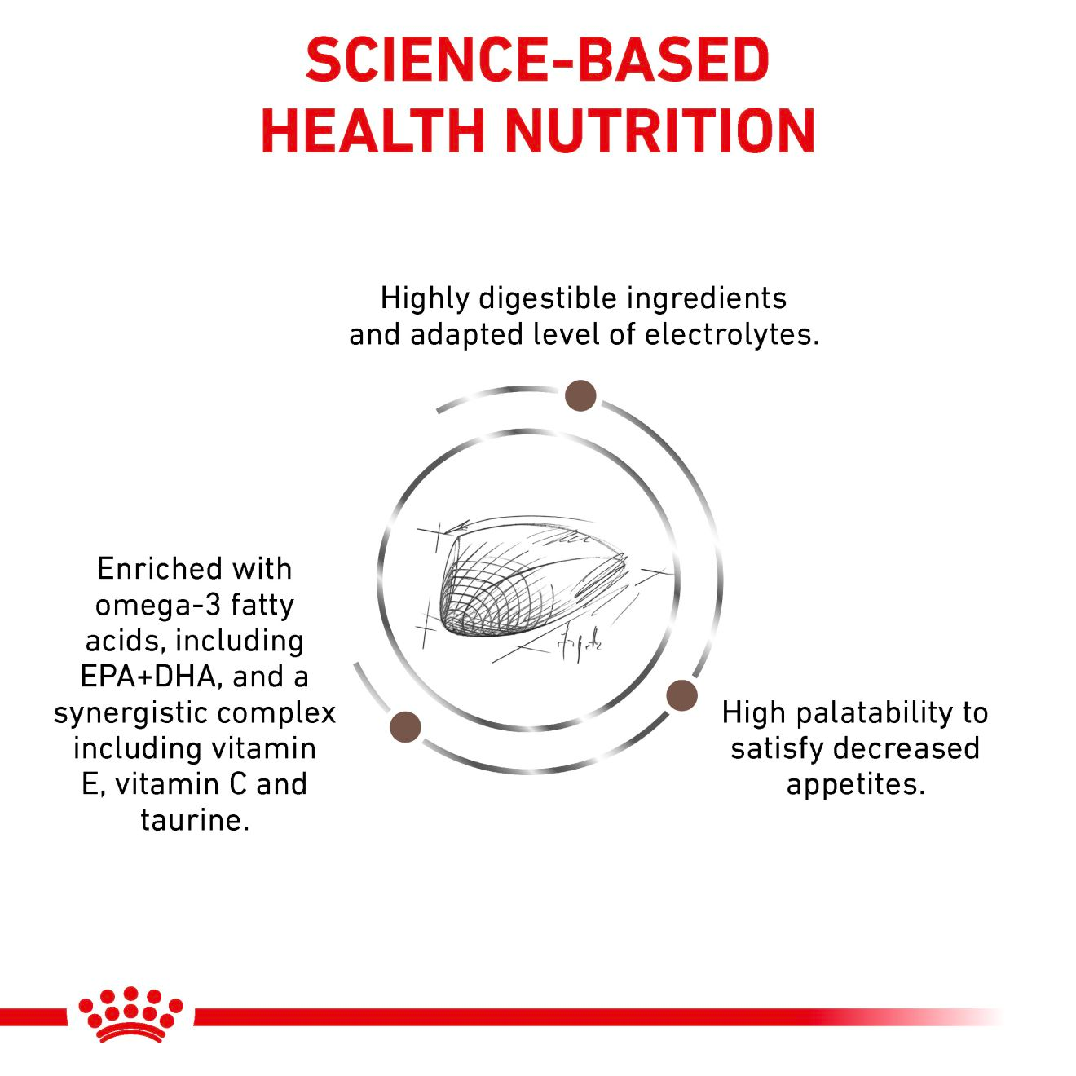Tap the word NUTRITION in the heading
[x=660, y=130]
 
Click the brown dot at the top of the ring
[x=580, y=395]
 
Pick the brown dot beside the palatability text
[x=681, y=695]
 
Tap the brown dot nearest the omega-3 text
[x=406, y=726]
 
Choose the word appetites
[x=855, y=784]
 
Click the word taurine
[x=194, y=820]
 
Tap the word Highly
[x=425, y=298]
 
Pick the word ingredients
[x=707, y=298]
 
